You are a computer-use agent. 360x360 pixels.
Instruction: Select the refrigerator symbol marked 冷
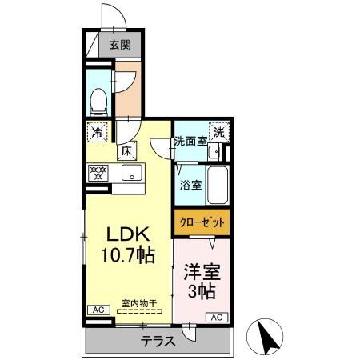pos(97,131)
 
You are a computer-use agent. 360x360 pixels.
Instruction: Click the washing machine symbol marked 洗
pos(218,132)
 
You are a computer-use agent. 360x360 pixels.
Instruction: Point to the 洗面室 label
pos(190,142)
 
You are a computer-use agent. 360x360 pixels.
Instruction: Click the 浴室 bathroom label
pos(190,185)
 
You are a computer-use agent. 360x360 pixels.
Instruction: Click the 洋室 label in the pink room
pos(202,270)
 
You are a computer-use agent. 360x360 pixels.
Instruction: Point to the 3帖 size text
pos(202,291)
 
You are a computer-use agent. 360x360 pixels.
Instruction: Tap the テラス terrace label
pos(158,341)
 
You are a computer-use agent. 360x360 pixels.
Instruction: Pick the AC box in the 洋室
pos(216,318)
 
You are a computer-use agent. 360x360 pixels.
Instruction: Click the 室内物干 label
pos(138,302)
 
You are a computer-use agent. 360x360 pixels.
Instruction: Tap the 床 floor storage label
pos(126,150)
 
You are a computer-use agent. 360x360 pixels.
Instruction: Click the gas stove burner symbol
pos(98,171)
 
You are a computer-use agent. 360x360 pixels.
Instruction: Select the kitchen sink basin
pos(131,174)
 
